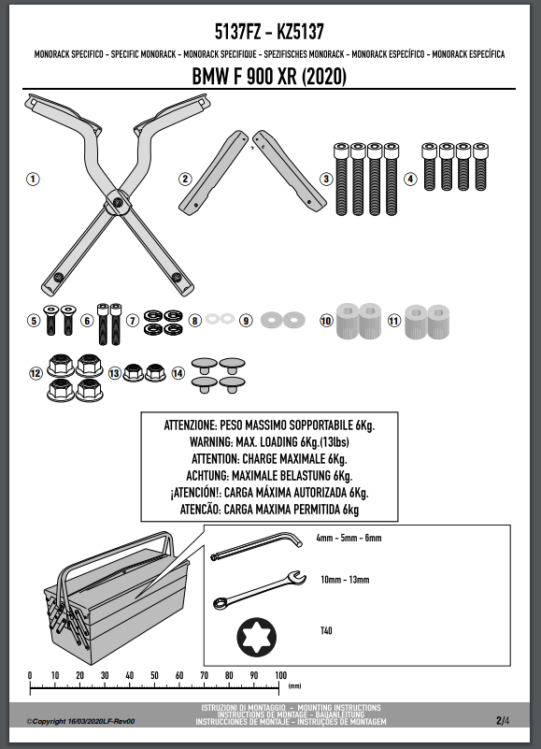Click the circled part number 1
pos(33,180)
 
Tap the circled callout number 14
pos(178,373)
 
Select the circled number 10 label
pos(326,321)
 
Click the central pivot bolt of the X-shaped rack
pos(118,203)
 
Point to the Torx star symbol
pos(256,637)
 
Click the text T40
pos(326,631)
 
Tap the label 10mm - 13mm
pos(345,580)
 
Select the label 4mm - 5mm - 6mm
pos(349,538)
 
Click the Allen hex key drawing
pos(256,546)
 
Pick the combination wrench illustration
pos(259,589)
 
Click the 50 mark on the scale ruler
pos(154,675)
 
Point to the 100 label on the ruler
pos(280,675)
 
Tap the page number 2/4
pos(503,720)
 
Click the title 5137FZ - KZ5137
pos(269,32)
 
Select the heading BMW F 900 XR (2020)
pos(269,77)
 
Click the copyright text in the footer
pos(80,721)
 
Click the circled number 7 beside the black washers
pos(133,321)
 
